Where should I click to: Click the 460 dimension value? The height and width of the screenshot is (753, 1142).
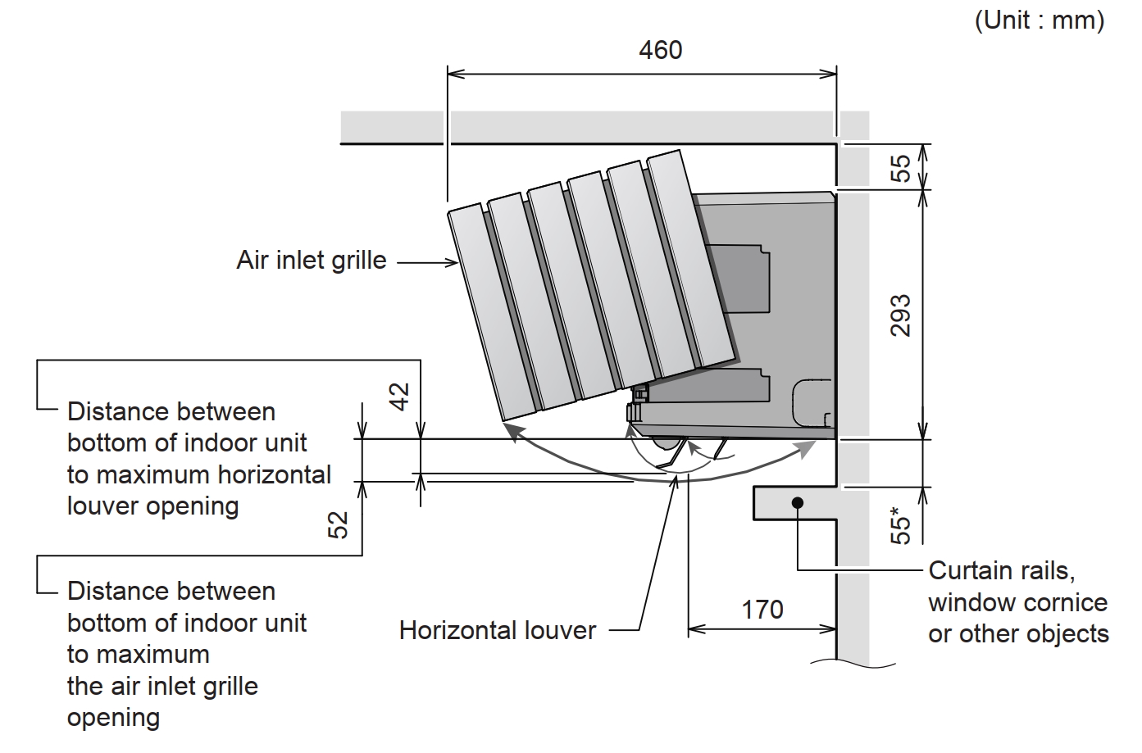click(660, 51)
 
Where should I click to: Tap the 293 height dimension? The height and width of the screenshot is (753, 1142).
click(900, 315)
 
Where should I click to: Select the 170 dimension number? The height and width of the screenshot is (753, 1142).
click(762, 610)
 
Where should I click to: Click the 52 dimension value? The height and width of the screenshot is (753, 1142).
click(338, 524)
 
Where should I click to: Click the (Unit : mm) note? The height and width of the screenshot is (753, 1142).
click(1039, 20)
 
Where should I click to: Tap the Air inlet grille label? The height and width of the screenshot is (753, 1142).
click(312, 261)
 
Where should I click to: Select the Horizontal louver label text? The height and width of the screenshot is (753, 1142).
click(498, 630)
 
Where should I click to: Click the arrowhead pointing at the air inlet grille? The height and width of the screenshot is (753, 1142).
click(453, 262)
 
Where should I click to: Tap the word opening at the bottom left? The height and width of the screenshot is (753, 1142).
click(113, 718)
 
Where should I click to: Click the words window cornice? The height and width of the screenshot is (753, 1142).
click(1017, 602)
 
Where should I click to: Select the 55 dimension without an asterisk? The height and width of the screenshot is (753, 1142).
click(900, 168)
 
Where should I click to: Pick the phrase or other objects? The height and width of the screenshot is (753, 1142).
click(1018, 633)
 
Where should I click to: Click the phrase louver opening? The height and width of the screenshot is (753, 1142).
click(152, 506)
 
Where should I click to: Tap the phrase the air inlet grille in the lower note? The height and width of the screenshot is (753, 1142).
click(162, 686)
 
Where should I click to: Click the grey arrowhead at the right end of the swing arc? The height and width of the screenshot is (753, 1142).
click(808, 447)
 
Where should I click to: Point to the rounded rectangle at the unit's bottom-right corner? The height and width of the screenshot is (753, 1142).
click(812, 402)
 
